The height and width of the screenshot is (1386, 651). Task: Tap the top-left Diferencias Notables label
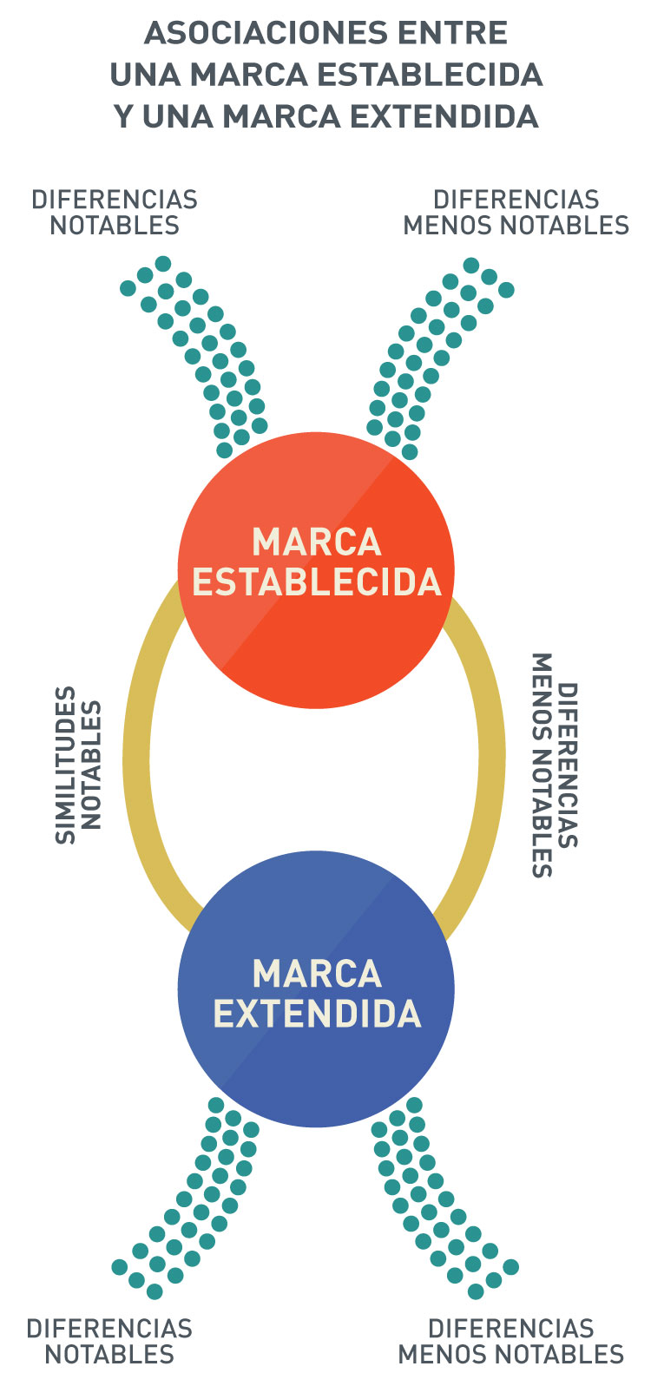[115, 213]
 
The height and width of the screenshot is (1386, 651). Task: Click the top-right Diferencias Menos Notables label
[516, 213]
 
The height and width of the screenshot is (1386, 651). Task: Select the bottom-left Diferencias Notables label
[109, 1341]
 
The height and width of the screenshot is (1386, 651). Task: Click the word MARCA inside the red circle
[316, 542]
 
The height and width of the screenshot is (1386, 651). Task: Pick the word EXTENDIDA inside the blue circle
[316, 1014]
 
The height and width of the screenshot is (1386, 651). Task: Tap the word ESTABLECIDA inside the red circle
[316, 581]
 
